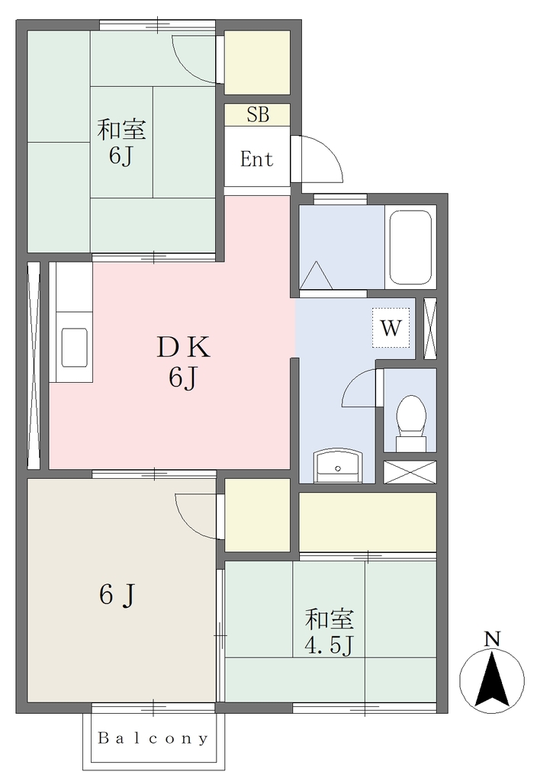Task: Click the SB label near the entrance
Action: pyautogui.click(x=258, y=115)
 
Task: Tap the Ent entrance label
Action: pyautogui.click(x=256, y=159)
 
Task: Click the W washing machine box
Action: pyautogui.click(x=391, y=328)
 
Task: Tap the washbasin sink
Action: pyautogui.click(x=338, y=466)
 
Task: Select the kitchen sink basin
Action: pyautogui.click(x=74, y=347)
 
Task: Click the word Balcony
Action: pyautogui.click(x=153, y=738)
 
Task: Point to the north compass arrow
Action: pyautogui.click(x=492, y=680)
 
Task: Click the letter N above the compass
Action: pyautogui.click(x=492, y=638)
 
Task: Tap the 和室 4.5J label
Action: pyautogui.click(x=330, y=632)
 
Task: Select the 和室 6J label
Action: pyautogui.click(x=121, y=142)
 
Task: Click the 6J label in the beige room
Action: pyautogui.click(x=117, y=594)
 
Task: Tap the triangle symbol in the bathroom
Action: pyautogui.click(x=316, y=275)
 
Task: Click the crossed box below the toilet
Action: pyautogui.click(x=410, y=471)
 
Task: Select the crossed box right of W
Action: pyautogui.click(x=430, y=328)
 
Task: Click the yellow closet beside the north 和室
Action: pyautogui.click(x=257, y=63)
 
